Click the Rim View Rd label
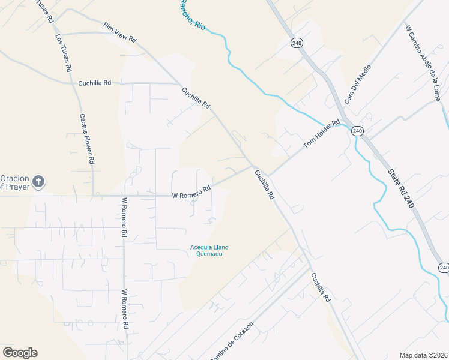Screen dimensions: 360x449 click(x=120, y=32)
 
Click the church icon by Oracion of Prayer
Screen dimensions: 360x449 click(x=38, y=182)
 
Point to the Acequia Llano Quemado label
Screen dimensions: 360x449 click(x=209, y=250)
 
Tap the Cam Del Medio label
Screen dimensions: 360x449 click(x=358, y=83)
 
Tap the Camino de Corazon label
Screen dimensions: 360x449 click(x=232, y=341)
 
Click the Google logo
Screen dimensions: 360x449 click(x=20, y=353)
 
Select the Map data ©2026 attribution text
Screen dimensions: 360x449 click(x=423, y=355)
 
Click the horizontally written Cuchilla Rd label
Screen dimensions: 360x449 click(x=95, y=83)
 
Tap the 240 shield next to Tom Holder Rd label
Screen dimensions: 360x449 click(x=357, y=131)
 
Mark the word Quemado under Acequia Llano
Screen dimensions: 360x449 click(x=209, y=254)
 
